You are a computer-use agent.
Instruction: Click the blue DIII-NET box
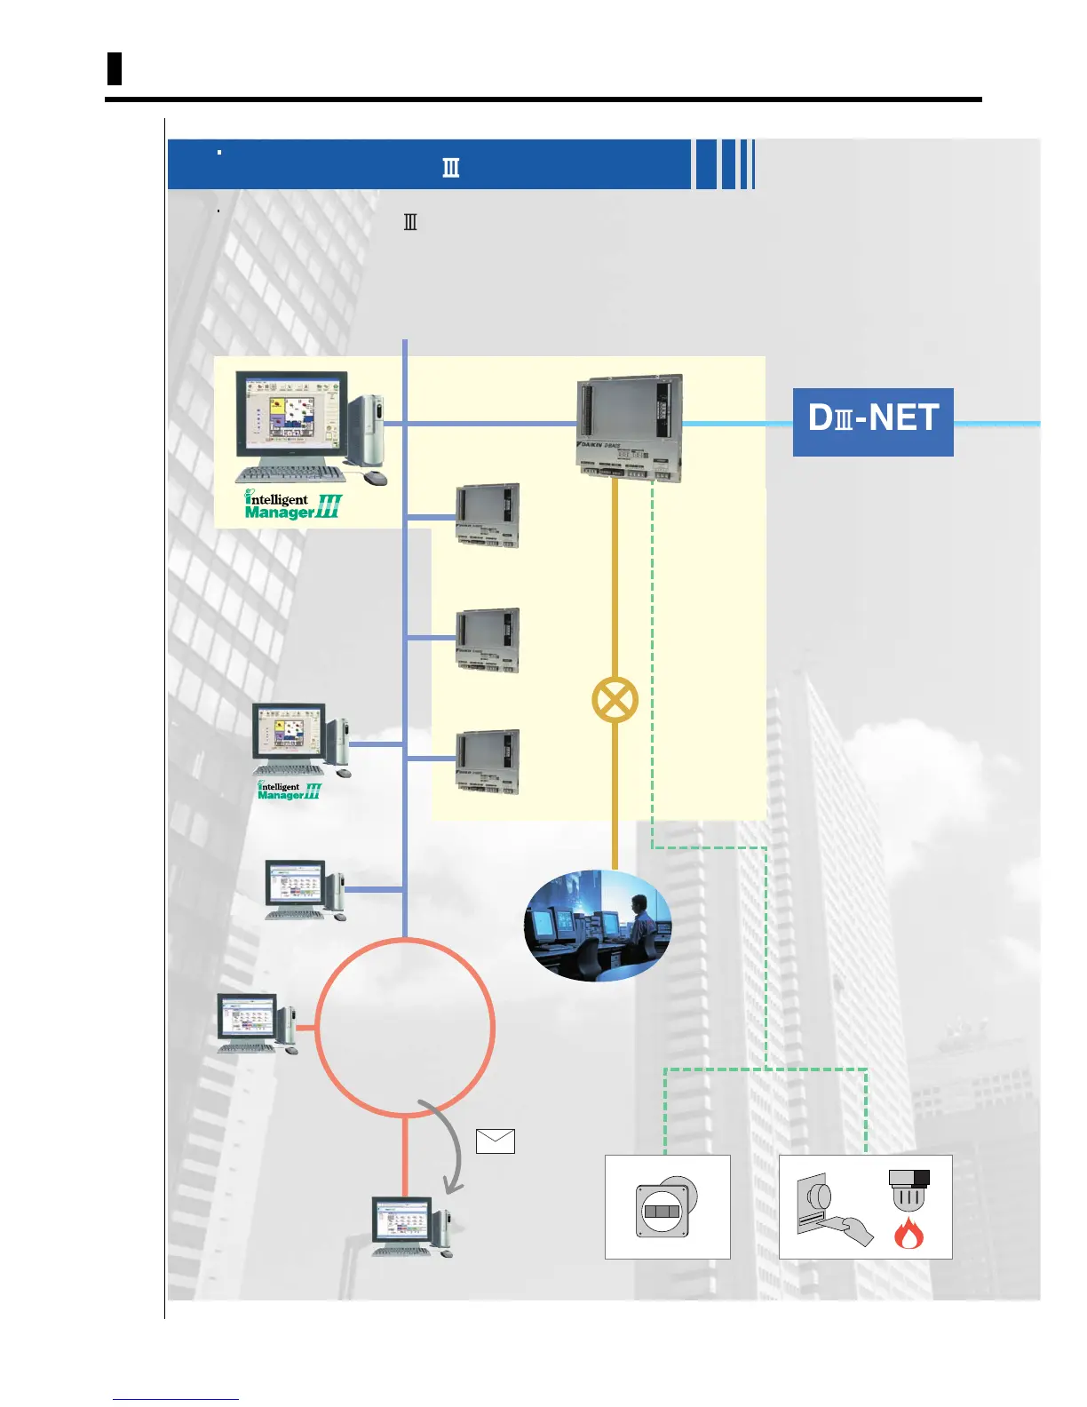click(872, 422)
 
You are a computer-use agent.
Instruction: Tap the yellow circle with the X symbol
click(615, 700)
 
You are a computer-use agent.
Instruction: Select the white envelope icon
click(495, 1141)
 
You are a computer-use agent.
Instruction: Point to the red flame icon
click(908, 1233)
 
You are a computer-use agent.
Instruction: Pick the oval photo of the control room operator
click(598, 926)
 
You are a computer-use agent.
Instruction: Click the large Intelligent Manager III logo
click(293, 505)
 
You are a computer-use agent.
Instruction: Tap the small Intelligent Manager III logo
click(289, 791)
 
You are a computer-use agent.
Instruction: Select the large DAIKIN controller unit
click(630, 427)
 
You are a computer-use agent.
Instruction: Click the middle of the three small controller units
click(487, 640)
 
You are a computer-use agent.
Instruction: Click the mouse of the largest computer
click(376, 478)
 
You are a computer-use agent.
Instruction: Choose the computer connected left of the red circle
click(257, 1023)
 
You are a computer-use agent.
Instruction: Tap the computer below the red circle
click(410, 1226)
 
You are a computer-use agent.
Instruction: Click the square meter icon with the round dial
click(666, 1208)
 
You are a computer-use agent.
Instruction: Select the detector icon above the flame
click(908, 1188)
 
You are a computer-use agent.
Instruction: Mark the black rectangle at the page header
click(114, 68)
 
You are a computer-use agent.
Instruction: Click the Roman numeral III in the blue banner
click(451, 168)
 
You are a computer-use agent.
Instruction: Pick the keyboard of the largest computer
click(290, 473)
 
